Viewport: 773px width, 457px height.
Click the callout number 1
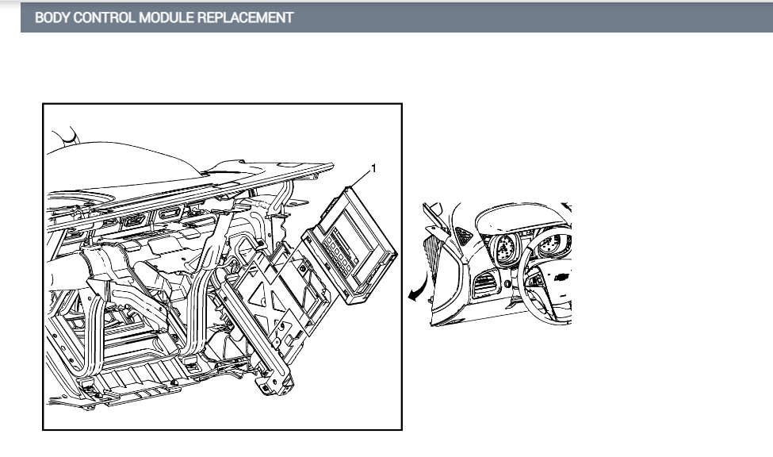(x=373, y=169)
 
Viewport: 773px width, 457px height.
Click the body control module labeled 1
(x=350, y=244)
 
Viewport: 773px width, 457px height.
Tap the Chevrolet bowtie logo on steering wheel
(x=561, y=277)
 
